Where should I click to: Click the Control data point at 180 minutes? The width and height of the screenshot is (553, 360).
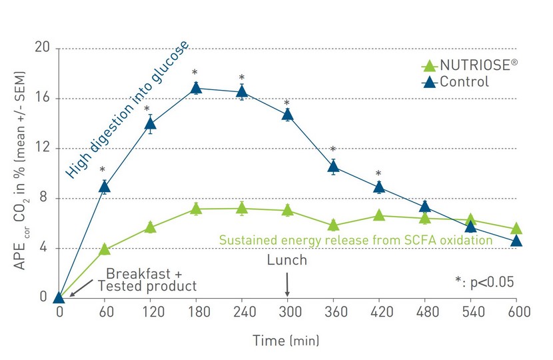point(196,88)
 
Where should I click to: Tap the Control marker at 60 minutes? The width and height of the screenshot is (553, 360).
point(105,187)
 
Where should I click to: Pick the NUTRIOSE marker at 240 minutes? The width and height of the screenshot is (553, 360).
point(242,208)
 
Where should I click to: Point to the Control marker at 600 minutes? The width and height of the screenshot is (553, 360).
point(516,241)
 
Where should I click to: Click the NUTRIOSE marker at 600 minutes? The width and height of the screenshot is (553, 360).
point(516,229)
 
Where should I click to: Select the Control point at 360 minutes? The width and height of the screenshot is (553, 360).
point(333,167)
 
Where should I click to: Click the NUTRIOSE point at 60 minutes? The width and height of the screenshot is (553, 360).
point(105,249)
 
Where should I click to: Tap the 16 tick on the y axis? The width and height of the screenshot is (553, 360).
point(43,98)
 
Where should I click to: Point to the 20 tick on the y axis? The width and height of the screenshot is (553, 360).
point(43,48)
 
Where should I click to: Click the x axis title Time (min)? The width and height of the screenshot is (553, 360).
point(286,341)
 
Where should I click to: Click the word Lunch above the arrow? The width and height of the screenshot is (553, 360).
point(287,260)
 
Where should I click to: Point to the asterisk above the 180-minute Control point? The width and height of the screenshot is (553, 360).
point(195,73)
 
